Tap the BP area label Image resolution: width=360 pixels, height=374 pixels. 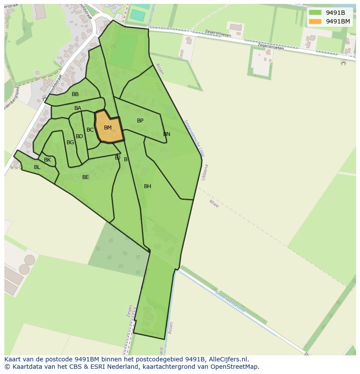click(x=140, y=121)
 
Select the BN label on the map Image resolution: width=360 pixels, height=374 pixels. click(x=167, y=134)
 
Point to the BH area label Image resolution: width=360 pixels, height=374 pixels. click(x=147, y=186)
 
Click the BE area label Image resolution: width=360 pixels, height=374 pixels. click(x=86, y=177)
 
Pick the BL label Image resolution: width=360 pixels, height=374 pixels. click(x=37, y=167)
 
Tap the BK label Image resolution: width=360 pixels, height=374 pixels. click(x=47, y=160)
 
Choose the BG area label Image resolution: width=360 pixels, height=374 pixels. click(x=70, y=142)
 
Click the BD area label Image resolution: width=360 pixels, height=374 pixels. click(x=79, y=136)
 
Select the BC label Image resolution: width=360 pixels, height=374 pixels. click(x=90, y=130)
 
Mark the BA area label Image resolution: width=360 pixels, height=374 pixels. click(x=78, y=108)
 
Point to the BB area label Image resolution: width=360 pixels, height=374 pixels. click(x=75, y=94)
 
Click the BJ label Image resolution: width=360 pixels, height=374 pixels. click(x=117, y=158)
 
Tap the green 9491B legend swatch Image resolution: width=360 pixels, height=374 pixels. click(x=315, y=13)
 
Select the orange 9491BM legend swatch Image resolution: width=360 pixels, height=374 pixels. click(x=315, y=21)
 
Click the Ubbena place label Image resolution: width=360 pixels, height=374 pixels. click(x=204, y=172)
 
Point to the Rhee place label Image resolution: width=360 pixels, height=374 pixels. click(x=214, y=203)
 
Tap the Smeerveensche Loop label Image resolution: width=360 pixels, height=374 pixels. click(x=193, y=139)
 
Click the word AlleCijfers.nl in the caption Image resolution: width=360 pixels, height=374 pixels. click(x=229, y=359)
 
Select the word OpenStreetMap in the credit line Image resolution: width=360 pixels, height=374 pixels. click(x=236, y=367)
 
